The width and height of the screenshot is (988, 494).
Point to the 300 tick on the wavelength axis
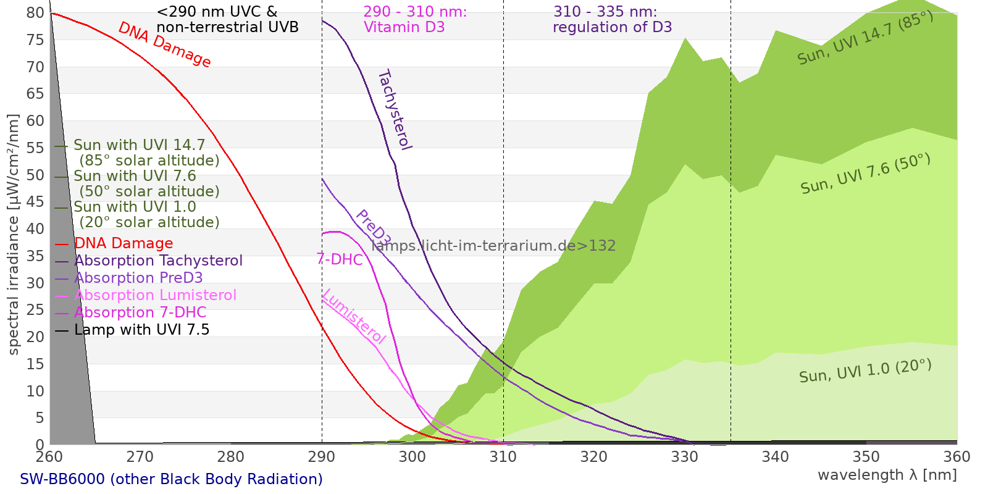tap(412, 457)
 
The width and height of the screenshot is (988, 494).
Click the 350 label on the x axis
tap(866, 457)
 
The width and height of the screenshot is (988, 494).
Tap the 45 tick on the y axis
tap(35, 202)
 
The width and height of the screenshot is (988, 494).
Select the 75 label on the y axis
tap(35, 40)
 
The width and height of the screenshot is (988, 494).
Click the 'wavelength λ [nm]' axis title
tap(887, 475)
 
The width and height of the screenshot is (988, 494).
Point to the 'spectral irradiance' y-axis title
tap(14, 235)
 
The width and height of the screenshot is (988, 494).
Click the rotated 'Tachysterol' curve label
tap(394, 110)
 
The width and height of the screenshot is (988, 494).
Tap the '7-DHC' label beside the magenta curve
tap(340, 259)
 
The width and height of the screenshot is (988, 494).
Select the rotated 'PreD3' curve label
tap(373, 227)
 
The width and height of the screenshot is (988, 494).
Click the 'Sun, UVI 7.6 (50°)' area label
tap(865, 174)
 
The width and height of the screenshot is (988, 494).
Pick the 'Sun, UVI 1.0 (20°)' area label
tap(865, 371)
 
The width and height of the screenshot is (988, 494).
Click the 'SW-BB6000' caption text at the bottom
tap(171, 479)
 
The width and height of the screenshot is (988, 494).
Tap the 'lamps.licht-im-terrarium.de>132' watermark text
tap(493, 246)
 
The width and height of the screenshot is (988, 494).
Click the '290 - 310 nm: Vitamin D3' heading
tap(414, 20)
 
